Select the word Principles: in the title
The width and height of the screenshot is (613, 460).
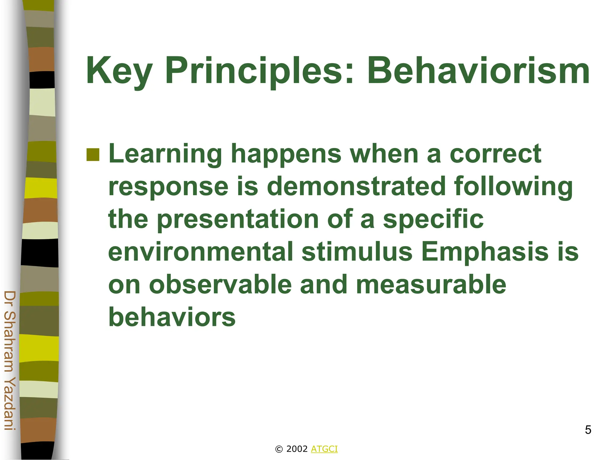tap(260, 71)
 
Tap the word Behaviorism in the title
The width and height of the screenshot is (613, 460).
tap(478, 71)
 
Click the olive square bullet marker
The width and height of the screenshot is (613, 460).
tap(93, 155)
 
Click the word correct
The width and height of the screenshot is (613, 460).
tap(495, 154)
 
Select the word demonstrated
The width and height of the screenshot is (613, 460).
tap(356, 186)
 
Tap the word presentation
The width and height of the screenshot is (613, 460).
tap(238, 219)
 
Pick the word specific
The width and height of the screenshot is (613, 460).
tap(433, 219)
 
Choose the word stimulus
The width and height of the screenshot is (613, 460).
tap(357, 252)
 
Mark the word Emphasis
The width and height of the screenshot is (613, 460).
tap(485, 252)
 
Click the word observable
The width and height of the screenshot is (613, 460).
tap(220, 285)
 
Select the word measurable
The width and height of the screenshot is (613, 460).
tap(431, 285)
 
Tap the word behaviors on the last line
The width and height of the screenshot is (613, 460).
tap(172, 317)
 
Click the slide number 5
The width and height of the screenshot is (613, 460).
tap(588, 430)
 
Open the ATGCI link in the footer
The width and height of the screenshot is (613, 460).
tap(324, 449)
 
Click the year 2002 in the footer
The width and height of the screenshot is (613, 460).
tap(297, 449)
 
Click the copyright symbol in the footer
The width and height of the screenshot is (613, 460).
tap(279, 449)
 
